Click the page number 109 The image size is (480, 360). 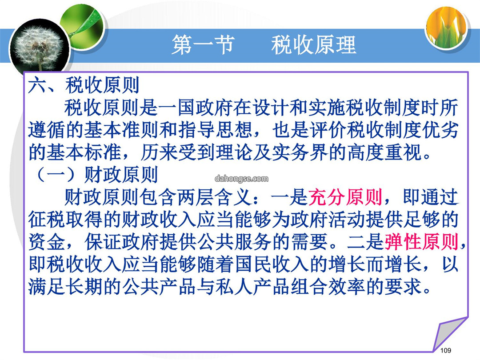click(x=445, y=350)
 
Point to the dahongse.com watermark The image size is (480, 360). click(x=241, y=179)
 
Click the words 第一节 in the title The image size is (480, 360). click(x=203, y=45)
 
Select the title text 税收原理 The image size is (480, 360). click(x=314, y=45)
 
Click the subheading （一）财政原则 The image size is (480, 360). click(x=96, y=175)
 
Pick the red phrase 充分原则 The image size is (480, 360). click(x=345, y=197)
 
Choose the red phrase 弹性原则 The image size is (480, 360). click(x=421, y=242)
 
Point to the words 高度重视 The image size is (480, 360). click(x=385, y=152)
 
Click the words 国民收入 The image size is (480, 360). click(x=272, y=264)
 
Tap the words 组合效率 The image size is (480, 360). click(x=328, y=287)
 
